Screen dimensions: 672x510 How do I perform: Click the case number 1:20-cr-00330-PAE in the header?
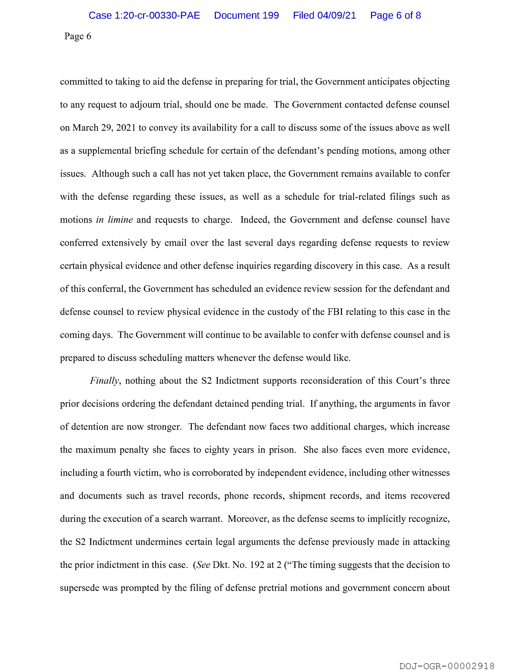(x=144, y=15)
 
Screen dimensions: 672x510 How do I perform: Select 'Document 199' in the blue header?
(x=246, y=15)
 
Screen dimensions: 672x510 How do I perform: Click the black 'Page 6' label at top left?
(x=78, y=36)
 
